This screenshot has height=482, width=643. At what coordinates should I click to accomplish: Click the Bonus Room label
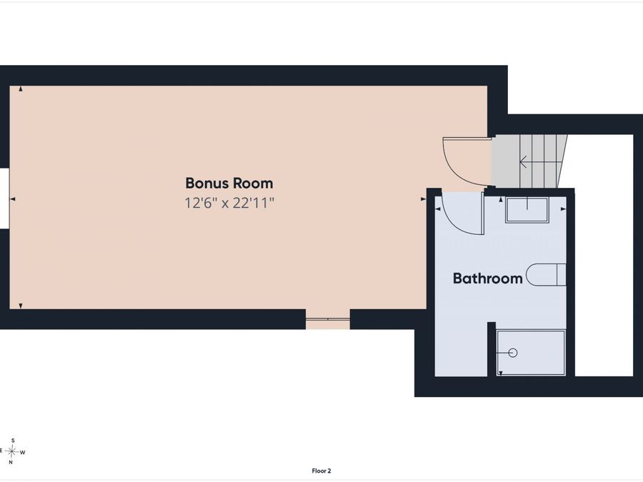229,183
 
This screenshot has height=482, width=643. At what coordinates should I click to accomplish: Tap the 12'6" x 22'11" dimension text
229,203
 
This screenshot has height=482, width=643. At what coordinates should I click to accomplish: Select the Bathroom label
487,278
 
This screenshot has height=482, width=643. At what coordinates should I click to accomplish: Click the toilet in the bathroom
547,275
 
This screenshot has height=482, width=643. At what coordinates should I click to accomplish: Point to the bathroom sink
527,210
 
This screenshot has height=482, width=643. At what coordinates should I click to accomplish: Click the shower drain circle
513,353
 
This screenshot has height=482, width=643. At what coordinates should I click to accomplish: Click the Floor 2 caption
321,471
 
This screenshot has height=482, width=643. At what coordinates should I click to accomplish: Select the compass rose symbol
12,452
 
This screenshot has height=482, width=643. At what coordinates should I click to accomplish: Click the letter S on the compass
13,441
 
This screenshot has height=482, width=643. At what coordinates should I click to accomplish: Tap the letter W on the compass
23,453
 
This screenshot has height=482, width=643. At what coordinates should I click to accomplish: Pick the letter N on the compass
11,462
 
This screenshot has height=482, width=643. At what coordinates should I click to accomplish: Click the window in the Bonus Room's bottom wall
328,319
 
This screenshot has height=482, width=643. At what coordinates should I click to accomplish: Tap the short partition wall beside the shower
492,348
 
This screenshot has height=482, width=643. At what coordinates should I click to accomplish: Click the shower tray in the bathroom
531,353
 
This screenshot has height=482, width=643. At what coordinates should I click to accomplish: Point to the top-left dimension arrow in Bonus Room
21,89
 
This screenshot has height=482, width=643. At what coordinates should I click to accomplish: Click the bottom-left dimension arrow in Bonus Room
21,306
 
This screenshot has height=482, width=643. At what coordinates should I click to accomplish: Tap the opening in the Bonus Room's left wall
4,199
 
